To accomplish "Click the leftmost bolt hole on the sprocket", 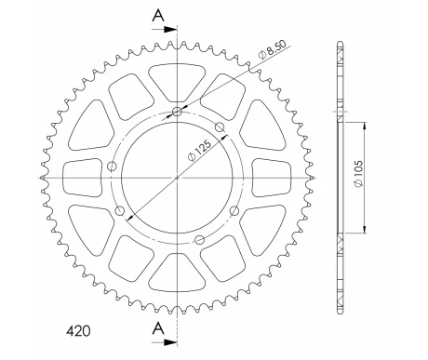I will [x=113, y=167].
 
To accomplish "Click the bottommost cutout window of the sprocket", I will [x=175, y=272].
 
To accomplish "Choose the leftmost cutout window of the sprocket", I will [x=79, y=176].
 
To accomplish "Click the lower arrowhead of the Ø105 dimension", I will [x=362, y=231].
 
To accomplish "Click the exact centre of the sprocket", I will [x=175, y=176].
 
